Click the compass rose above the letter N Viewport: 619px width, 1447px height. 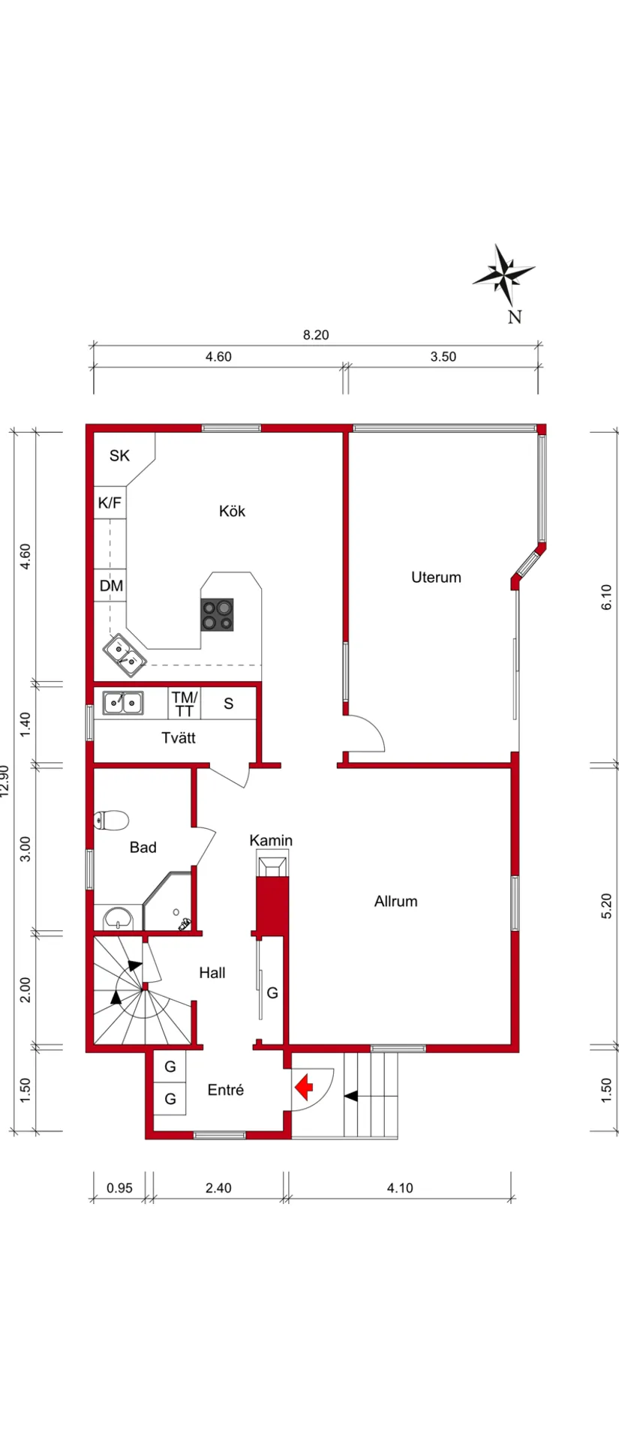(x=503, y=276)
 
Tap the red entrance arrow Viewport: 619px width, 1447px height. (x=304, y=1085)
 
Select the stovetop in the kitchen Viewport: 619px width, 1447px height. (x=217, y=614)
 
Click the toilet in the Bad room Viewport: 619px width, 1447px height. (x=111, y=820)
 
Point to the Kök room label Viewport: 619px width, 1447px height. (x=232, y=511)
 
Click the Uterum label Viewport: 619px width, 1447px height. (x=436, y=577)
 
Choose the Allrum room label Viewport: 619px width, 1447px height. (x=395, y=901)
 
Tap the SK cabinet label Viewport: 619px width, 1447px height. (x=119, y=455)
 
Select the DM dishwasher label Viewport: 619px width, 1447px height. (x=111, y=585)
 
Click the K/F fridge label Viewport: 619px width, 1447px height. (x=110, y=503)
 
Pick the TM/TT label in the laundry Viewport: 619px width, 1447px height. (x=184, y=704)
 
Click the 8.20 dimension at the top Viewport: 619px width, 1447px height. (x=316, y=335)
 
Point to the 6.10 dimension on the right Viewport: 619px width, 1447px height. (x=606, y=597)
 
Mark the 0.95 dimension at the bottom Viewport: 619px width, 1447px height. (x=119, y=1187)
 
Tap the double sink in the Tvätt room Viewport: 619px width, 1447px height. (x=123, y=703)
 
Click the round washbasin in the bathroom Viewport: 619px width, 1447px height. (x=117, y=917)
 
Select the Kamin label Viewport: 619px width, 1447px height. (x=271, y=840)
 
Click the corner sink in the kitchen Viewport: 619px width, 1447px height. (x=125, y=653)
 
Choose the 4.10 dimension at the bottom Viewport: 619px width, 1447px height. (x=400, y=1187)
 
